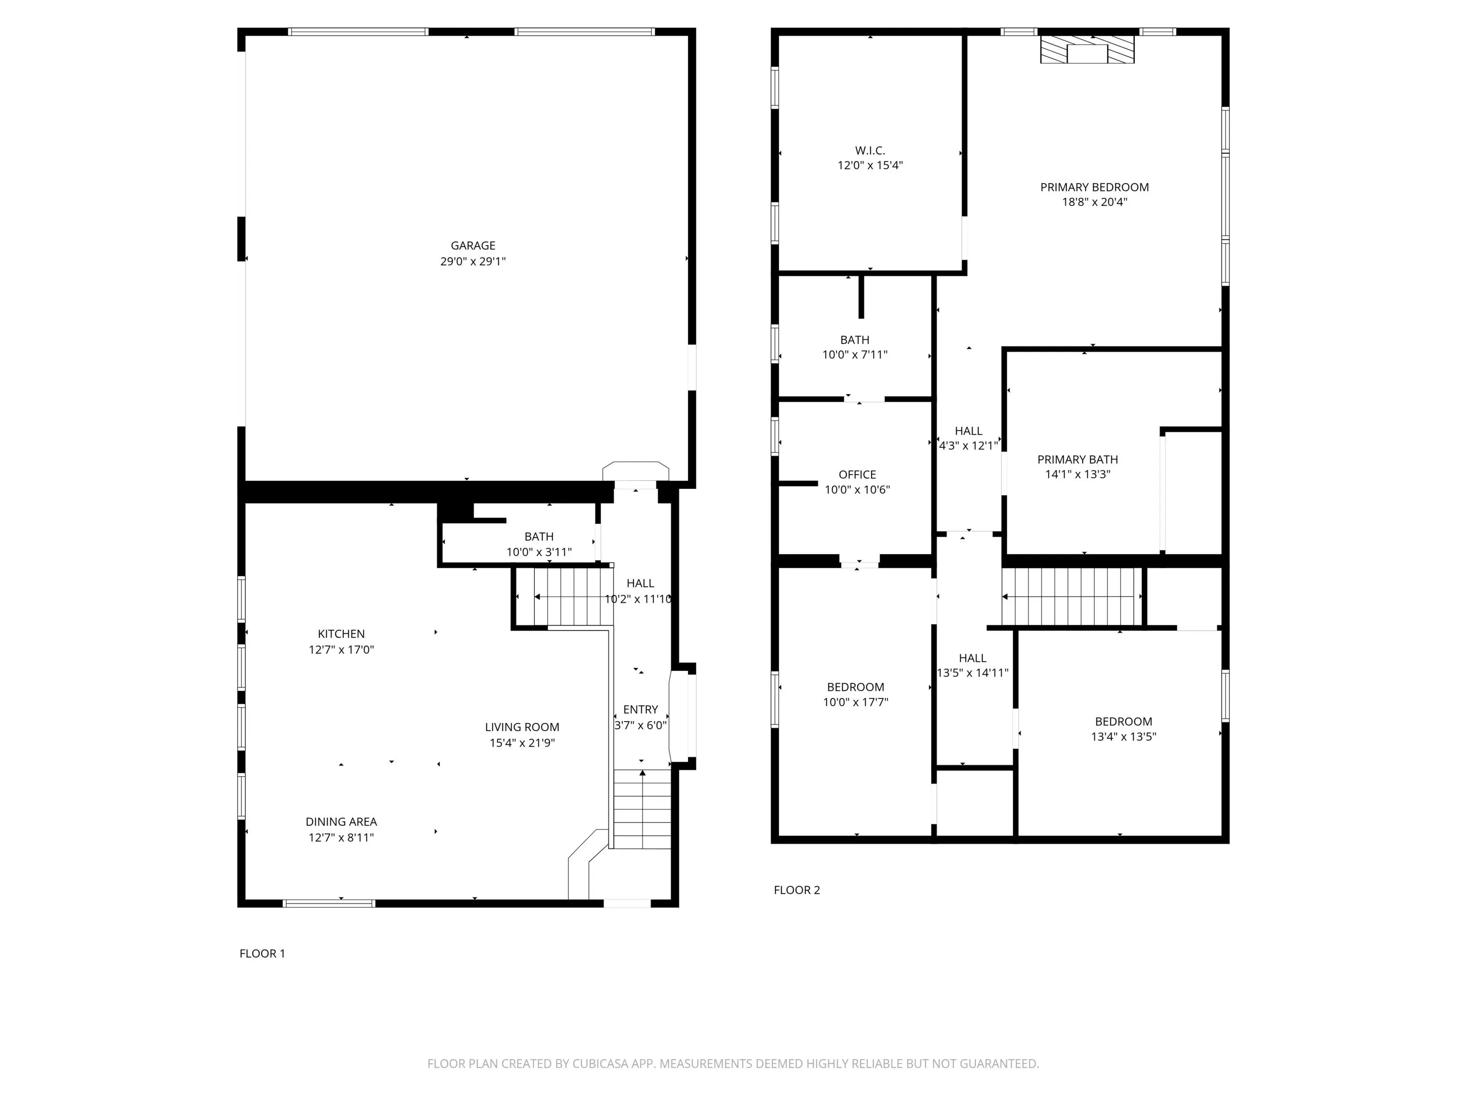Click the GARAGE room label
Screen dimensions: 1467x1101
click(473, 246)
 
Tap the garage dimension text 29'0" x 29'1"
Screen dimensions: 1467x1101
click(473, 261)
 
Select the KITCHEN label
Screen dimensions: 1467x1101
click(341, 634)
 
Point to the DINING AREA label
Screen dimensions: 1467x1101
click(341, 821)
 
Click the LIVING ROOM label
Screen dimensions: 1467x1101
click(522, 727)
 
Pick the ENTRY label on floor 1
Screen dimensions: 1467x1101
click(641, 710)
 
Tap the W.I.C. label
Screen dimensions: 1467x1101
click(870, 151)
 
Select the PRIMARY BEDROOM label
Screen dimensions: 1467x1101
click(1095, 187)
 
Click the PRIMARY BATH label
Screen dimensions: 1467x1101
click(1078, 459)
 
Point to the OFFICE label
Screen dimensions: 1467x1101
click(858, 475)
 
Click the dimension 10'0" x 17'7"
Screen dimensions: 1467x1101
click(856, 702)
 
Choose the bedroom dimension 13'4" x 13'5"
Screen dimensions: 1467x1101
click(1124, 737)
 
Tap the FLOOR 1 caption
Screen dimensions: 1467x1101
click(262, 954)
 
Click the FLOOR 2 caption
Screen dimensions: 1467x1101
click(797, 890)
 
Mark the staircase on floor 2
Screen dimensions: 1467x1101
click(1073, 597)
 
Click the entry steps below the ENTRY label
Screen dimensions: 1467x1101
click(642, 809)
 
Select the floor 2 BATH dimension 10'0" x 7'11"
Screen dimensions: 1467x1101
click(855, 355)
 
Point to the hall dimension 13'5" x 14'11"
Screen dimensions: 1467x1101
click(973, 673)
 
